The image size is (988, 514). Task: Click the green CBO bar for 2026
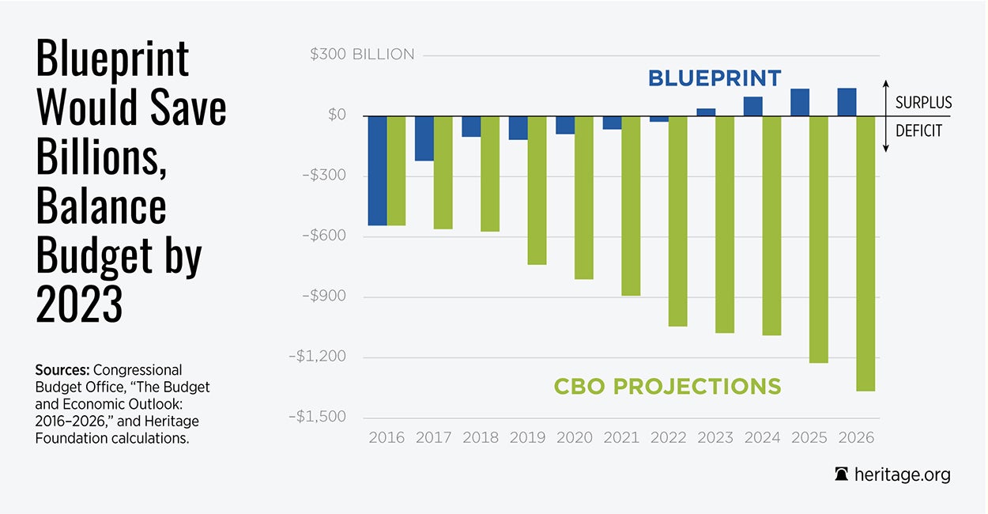pyautogui.click(x=865, y=253)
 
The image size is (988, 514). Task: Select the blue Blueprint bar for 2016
pyautogui.click(x=377, y=171)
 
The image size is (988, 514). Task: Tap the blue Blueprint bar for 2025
pyautogui.click(x=800, y=102)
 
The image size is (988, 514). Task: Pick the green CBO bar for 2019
pyautogui.click(x=537, y=190)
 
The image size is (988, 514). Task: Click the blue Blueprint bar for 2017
pyautogui.click(x=424, y=138)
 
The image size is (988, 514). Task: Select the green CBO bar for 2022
pyautogui.click(x=677, y=221)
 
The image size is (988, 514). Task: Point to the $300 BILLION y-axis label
pyautogui.click(x=362, y=55)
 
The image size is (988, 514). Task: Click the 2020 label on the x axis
pyautogui.click(x=574, y=438)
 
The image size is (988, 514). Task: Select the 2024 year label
pyautogui.click(x=762, y=438)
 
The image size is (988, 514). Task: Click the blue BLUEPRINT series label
pyautogui.click(x=715, y=78)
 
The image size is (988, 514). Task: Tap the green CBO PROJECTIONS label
pyautogui.click(x=667, y=387)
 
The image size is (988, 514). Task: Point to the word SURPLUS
pyautogui.click(x=923, y=103)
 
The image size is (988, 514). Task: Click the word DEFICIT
pyautogui.click(x=918, y=131)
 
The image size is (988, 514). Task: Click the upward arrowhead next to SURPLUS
pyautogui.click(x=886, y=84)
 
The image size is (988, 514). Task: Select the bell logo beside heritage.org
pyautogui.click(x=842, y=475)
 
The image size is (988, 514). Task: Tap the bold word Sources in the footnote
pyautogui.click(x=62, y=370)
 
